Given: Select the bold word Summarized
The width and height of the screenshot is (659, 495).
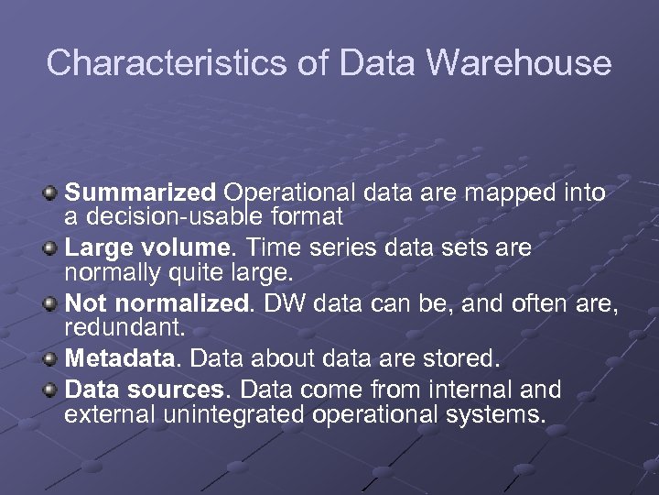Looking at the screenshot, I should point(141,193).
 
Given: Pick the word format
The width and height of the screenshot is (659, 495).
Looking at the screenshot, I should point(308,217).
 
